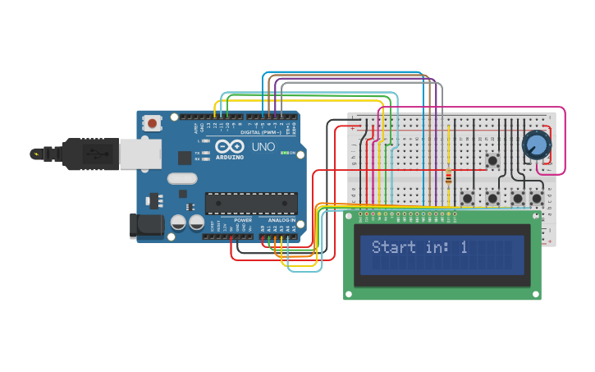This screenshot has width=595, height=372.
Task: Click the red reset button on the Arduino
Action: pyautogui.click(x=152, y=123)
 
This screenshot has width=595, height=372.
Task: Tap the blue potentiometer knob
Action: pyautogui.click(x=537, y=145)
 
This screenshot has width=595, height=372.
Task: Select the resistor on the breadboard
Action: pyautogui.click(x=448, y=177)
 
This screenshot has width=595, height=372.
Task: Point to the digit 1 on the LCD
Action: pyautogui.click(x=464, y=246)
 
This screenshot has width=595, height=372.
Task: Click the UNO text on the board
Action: pyautogui.click(x=263, y=147)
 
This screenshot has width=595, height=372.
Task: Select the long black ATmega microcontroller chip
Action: pyautogui.click(x=251, y=202)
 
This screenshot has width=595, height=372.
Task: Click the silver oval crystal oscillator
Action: pyautogui.click(x=182, y=178)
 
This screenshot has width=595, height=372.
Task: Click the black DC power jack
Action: pyautogui.click(x=148, y=226)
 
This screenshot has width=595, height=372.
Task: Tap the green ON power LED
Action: pyautogui.click(x=283, y=153)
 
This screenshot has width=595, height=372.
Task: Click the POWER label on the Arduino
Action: pyautogui.click(x=243, y=220)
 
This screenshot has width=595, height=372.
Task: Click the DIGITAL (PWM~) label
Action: pyautogui.click(x=261, y=131)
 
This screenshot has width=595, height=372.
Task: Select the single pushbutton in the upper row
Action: pyautogui.click(x=493, y=160)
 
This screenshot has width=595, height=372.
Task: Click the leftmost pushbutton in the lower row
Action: pyautogui.click(x=468, y=198)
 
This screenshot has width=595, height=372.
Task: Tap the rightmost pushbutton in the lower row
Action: pyautogui.click(x=537, y=198)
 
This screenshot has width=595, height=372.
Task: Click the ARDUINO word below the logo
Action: pyautogui.click(x=230, y=157)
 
